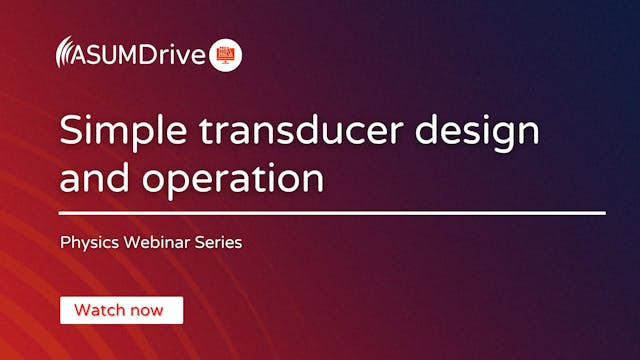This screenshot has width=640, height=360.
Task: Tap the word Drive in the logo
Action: pos(181,53)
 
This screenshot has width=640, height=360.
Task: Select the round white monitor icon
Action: pos(227,53)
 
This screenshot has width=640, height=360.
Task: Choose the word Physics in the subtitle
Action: pos(87,242)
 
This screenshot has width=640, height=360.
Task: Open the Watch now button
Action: pos(121,310)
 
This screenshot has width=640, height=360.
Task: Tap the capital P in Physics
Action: pos(65,241)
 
